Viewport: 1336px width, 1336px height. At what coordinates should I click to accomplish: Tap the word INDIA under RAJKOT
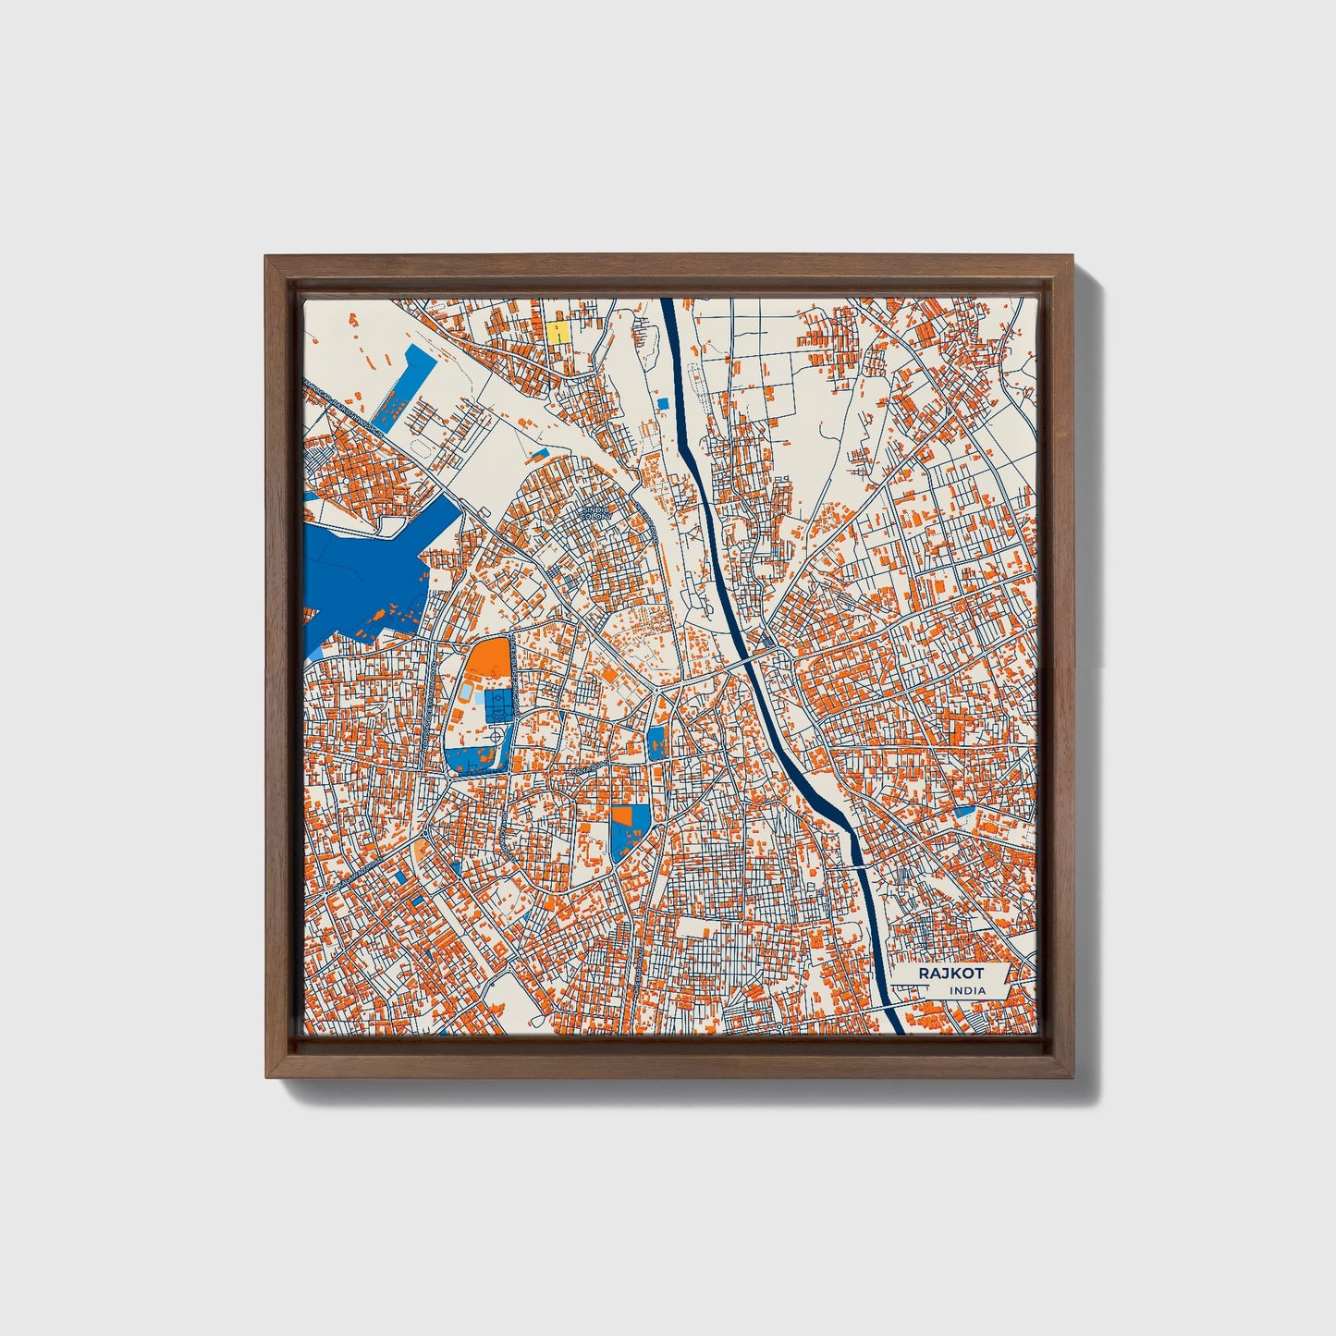966,991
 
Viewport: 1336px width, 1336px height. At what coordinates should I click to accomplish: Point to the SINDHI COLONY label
595,512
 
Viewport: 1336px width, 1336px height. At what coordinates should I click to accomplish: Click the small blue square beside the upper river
662,402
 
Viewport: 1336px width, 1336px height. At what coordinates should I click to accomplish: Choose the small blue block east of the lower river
964,811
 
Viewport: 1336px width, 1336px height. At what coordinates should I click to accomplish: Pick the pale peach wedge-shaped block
422,848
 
